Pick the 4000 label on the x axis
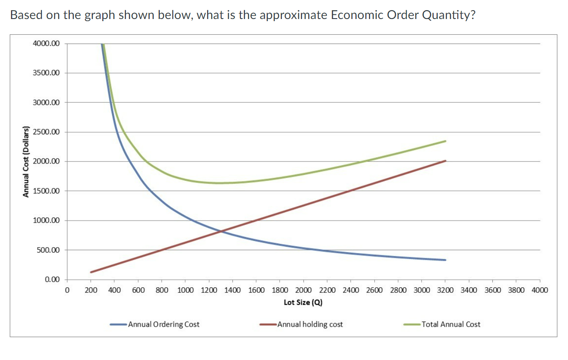539,290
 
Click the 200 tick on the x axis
91,290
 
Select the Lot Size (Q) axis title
303,302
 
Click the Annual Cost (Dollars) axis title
26,162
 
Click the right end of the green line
445,141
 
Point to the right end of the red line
445,161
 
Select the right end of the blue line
445,260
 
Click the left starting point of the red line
91,272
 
